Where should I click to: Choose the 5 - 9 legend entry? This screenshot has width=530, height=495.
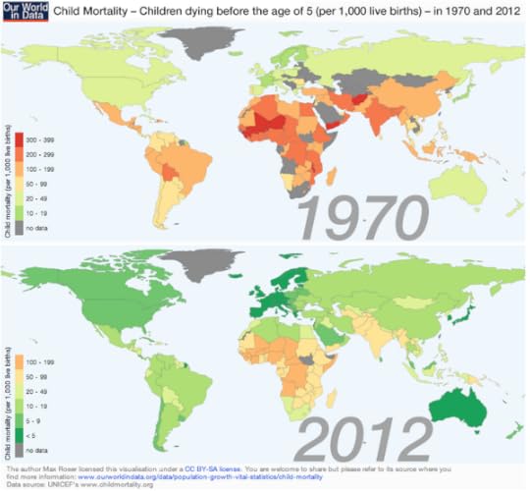33,416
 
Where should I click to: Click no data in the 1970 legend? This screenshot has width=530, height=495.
35,228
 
